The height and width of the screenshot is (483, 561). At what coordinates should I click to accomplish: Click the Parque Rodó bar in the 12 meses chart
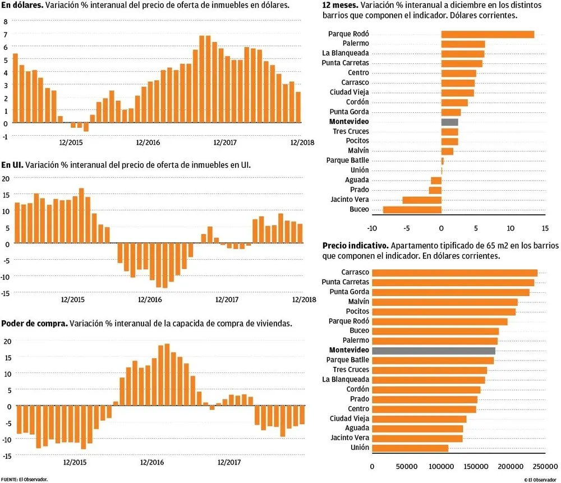488,34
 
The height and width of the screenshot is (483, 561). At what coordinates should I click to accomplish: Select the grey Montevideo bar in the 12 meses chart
449,122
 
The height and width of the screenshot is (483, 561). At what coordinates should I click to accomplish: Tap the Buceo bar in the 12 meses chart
412,209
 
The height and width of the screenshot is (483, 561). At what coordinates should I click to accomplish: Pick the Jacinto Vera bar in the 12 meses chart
422,200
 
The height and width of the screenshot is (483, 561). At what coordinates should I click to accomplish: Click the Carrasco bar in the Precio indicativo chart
454,273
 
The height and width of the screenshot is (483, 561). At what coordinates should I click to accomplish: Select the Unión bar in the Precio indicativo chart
410,448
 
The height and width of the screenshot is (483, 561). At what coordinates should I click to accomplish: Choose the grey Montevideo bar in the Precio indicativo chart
434,351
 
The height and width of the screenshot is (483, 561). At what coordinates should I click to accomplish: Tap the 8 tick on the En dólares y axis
6,21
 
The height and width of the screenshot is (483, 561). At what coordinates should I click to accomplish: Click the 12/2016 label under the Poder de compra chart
152,462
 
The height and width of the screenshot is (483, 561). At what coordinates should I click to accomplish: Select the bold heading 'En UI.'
12,165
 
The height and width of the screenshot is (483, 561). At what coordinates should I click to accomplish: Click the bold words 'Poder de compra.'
34,324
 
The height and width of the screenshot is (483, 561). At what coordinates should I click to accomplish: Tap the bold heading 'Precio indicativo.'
355,246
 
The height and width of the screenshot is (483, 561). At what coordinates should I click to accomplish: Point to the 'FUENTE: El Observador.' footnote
25,479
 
